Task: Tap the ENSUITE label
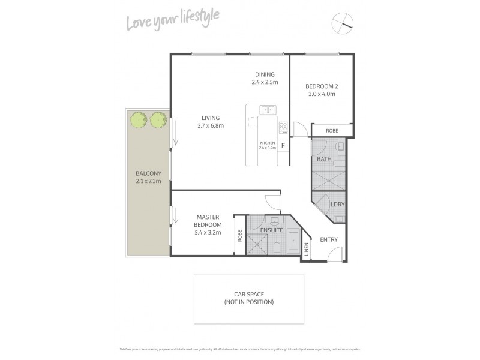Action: (x=272, y=230)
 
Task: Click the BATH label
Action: (x=324, y=159)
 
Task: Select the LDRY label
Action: (x=337, y=205)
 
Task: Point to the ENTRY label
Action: (x=329, y=239)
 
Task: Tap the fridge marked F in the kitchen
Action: (x=283, y=144)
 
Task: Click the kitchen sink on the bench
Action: (x=267, y=109)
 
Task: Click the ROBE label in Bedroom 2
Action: (x=331, y=130)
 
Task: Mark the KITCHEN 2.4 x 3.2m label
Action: (x=267, y=145)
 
